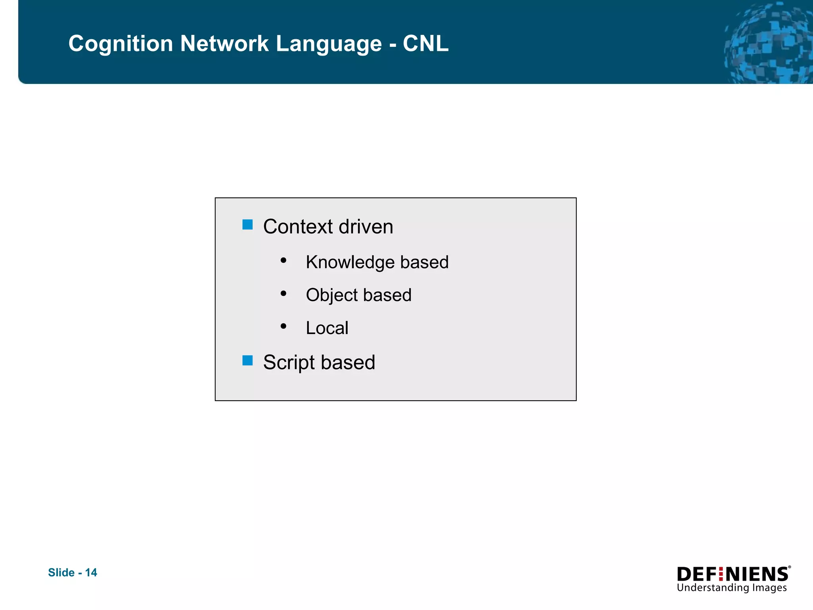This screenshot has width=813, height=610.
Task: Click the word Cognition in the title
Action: pos(121,44)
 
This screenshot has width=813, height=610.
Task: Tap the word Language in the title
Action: pos(328,44)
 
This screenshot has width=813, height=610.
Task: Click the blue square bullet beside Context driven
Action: pos(247,225)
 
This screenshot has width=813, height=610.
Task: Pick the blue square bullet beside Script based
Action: pos(247,360)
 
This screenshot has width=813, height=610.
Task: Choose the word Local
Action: pos(327,328)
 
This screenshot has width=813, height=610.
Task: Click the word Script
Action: pos(289,363)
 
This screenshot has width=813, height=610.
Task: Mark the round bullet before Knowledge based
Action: pos(283,261)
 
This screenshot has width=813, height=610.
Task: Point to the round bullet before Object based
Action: pos(283,293)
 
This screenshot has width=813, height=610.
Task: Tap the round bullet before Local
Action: pos(283,326)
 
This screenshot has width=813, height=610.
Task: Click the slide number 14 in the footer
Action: pos(91,572)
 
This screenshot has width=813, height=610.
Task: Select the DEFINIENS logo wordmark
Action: pos(733,574)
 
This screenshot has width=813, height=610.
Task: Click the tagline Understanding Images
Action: pos(731,588)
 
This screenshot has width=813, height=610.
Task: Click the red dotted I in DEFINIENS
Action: pos(721,574)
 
